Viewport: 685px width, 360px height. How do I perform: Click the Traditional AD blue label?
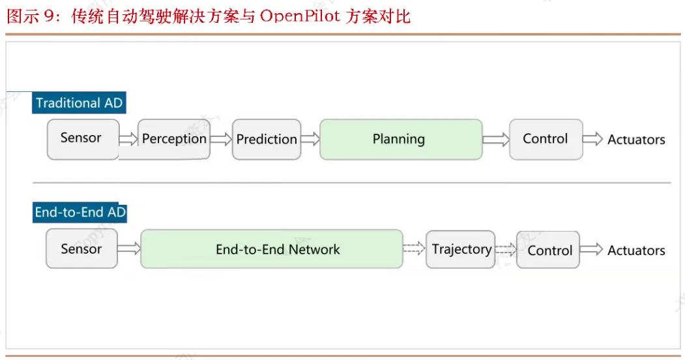point(79,102)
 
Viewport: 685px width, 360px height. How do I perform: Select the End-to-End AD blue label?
point(80,213)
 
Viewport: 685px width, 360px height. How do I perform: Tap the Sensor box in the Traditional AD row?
point(83,140)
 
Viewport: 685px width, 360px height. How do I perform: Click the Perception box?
point(174,140)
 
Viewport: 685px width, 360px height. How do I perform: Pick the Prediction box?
point(267,140)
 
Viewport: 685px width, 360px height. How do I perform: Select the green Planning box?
point(401,140)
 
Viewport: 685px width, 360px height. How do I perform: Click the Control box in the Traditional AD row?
point(546,140)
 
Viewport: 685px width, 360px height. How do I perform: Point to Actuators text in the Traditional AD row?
point(636,140)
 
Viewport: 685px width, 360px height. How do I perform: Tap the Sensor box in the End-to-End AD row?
point(81,248)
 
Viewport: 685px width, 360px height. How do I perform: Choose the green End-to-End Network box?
point(272,249)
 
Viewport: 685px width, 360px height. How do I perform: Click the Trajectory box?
point(460,250)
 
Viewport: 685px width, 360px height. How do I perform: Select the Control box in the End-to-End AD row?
point(548,250)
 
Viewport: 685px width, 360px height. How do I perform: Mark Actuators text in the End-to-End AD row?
point(636,250)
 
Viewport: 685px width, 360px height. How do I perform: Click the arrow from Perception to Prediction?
point(221,140)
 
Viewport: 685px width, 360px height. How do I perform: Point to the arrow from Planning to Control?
point(496,140)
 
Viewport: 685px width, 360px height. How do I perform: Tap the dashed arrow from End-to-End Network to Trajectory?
point(414,248)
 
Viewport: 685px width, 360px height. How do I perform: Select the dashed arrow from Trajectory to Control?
point(506,250)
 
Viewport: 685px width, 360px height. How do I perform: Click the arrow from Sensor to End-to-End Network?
point(129,248)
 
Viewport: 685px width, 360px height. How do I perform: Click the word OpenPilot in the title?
point(300,16)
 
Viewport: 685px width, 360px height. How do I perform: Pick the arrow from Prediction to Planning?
point(311,140)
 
